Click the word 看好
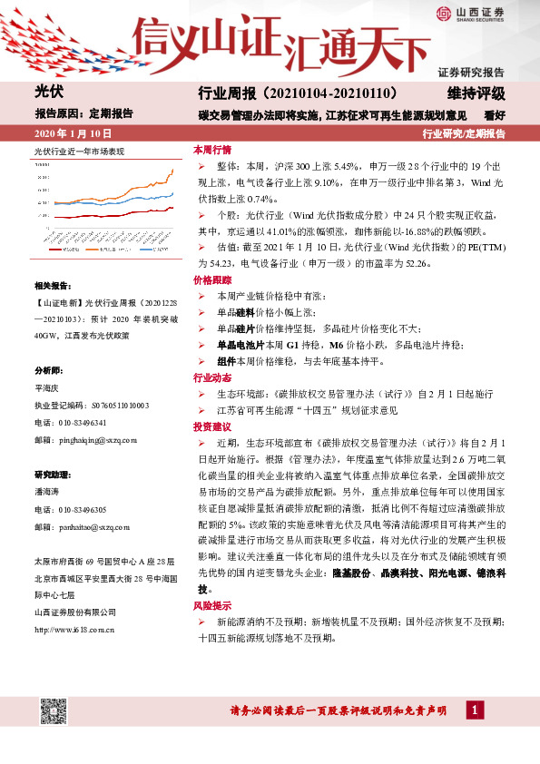point(495,115)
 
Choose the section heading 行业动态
point(211,377)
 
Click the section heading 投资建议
point(211,426)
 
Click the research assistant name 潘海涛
point(46,492)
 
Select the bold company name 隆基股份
point(350,549)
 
